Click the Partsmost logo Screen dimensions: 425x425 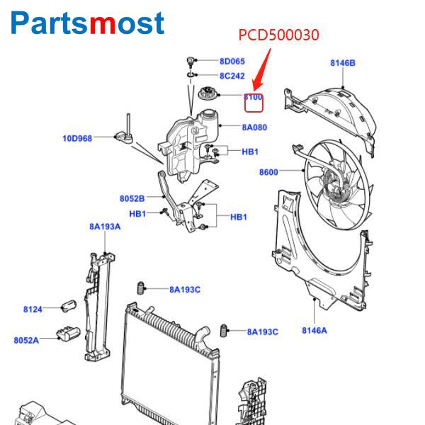[88, 23]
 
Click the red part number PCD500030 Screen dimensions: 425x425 [278, 35]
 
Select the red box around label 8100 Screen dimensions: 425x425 [254, 103]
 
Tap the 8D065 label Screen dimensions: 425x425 [232, 62]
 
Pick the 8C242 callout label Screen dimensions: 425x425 [232, 76]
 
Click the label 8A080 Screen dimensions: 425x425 [254, 127]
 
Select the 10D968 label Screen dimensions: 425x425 [77, 138]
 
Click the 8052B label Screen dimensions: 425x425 [132, 198]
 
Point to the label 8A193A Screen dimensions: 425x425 [105, 227]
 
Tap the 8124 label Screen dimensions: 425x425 [33, 309]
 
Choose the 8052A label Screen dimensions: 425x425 [26, 340]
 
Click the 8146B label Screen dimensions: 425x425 [343, 63]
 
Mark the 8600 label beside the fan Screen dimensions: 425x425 [268, 171]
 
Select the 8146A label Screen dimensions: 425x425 [314, 330]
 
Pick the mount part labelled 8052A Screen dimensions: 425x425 [69, 334]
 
